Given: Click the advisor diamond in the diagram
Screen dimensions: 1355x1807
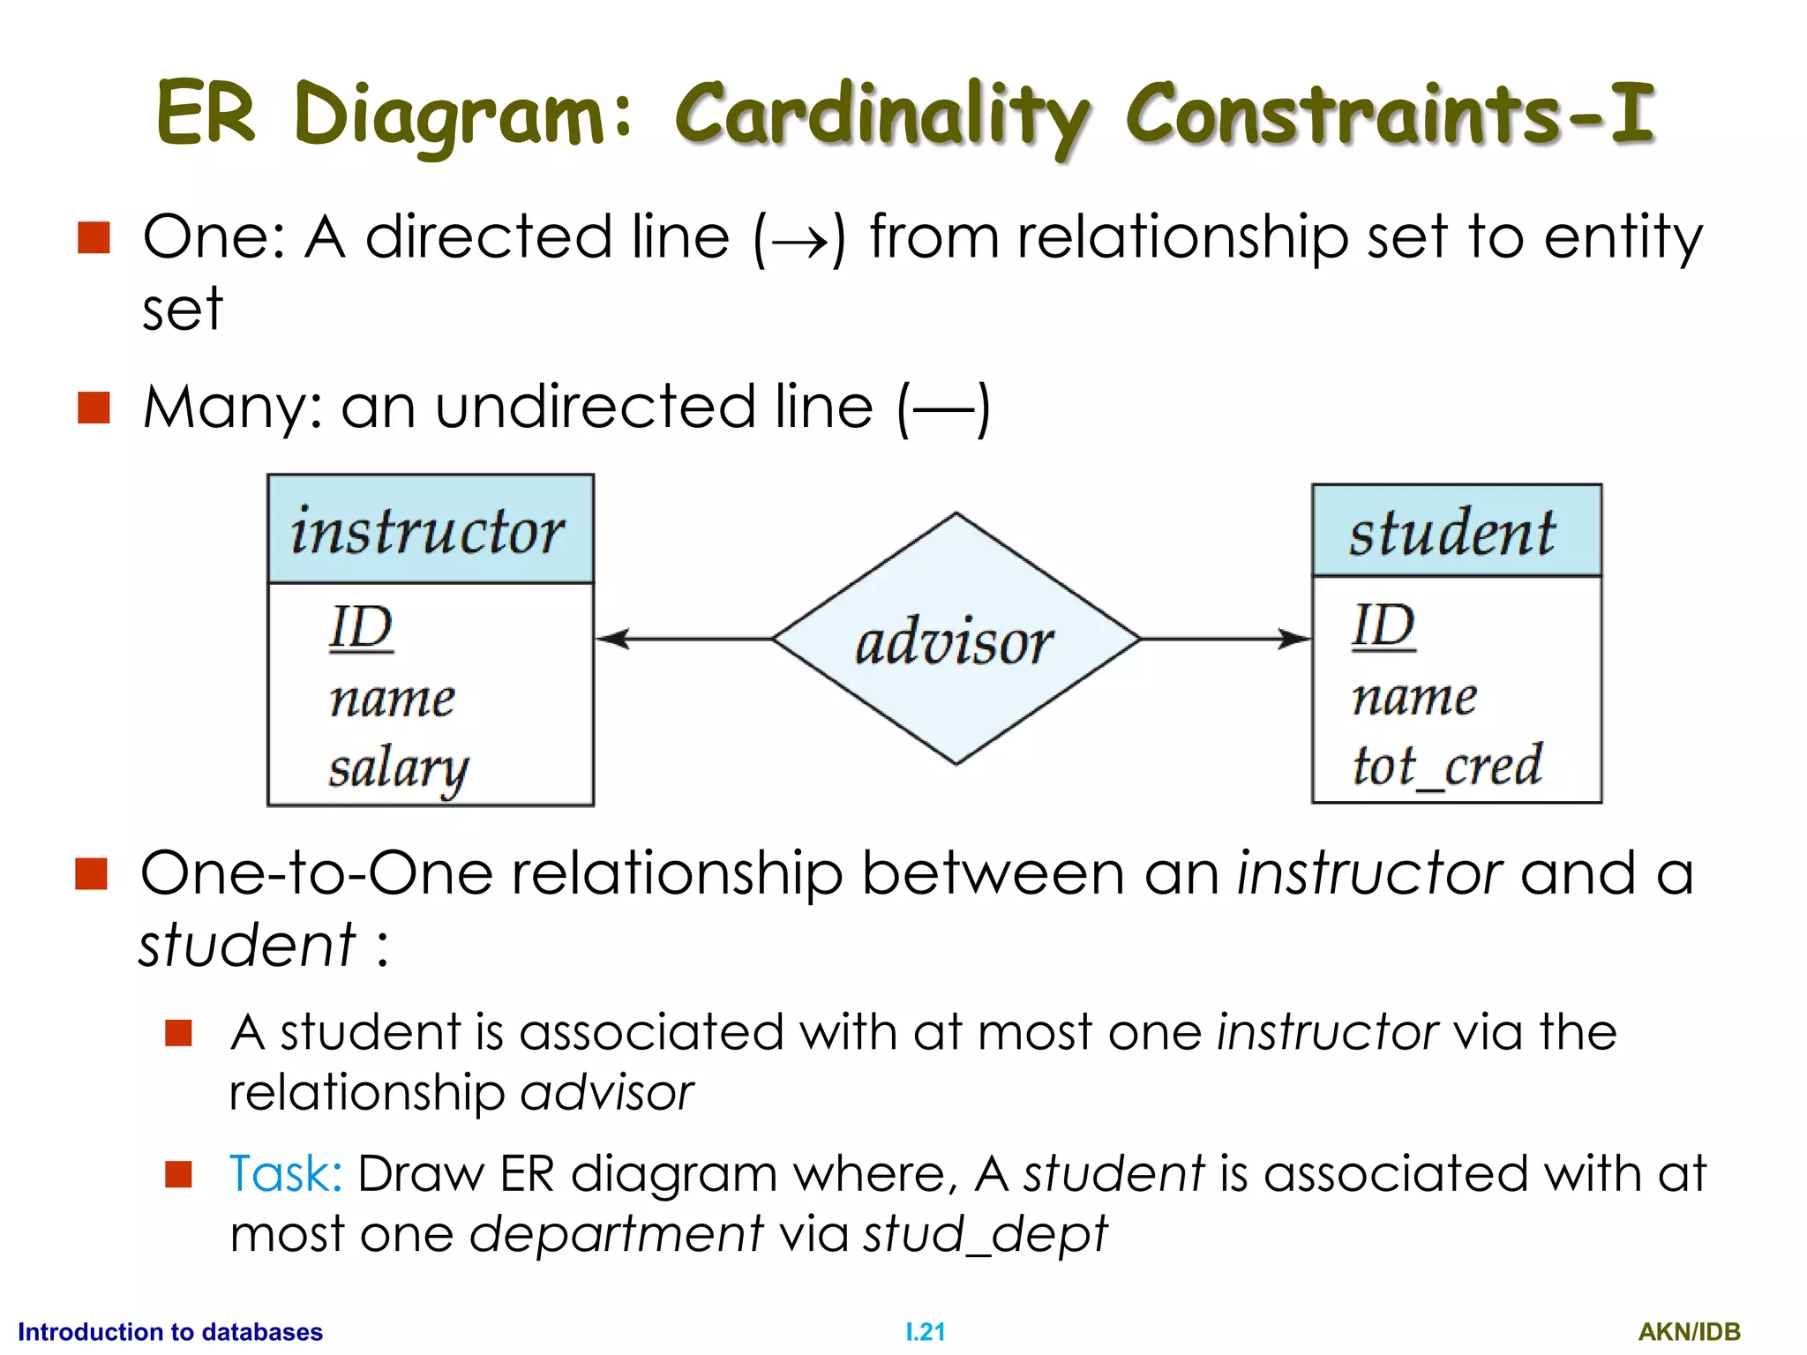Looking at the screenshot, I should click(x=956, y=639).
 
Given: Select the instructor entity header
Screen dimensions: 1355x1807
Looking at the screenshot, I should click(x=430, y=530).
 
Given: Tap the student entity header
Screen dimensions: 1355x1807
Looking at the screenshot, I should click(x=1456, y=532).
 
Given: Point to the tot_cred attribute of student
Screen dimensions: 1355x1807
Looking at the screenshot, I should click(x=1447, y=766).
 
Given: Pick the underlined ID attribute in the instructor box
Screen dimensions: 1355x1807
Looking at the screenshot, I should click(x=361, y=628).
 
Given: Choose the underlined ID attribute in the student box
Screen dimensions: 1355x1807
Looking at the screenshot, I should click(x=1383, y=626).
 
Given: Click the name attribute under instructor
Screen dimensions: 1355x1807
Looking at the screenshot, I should click(x=393, y=699).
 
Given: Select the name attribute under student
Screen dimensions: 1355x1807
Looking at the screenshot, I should click(x=1414, y=697).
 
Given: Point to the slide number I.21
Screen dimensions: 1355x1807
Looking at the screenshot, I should click(x=925, y=1332).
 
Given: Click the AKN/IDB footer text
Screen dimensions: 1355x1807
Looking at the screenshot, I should click(x=1689, y=1332).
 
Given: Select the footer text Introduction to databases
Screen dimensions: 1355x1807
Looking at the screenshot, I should click(x=170, y=1332).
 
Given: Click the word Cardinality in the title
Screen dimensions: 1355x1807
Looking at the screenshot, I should click(x=882, y=115).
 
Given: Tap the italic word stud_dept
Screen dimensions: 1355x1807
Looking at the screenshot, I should click(x=985, y=1233).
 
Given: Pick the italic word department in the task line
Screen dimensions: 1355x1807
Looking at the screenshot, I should click(x=616, y=1233).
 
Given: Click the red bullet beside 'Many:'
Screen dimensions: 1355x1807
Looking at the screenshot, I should click(x=94, y=408).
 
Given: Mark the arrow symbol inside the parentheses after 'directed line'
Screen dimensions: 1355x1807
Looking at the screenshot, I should click(x=799, y=239).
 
